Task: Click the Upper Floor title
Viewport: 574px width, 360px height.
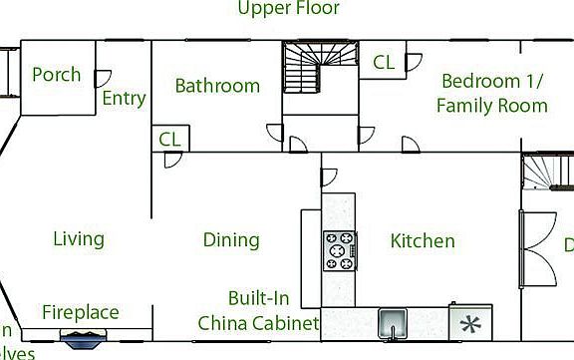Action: (288, 9)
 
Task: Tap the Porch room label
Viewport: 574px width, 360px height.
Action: (56, 75)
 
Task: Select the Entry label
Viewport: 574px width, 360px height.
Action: (124, 99)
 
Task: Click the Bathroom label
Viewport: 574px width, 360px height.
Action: (217, 86)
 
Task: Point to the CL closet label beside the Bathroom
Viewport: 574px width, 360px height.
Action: (169, 140)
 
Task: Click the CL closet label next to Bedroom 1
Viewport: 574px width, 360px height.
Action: (384, 62)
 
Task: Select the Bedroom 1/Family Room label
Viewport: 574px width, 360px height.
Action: (493, 93)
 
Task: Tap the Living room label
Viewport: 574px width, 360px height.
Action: (78, 239)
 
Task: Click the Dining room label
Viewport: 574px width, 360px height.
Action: (231, 240)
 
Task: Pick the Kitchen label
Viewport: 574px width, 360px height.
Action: (422, 241)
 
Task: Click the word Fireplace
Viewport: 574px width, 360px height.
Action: (80, 313)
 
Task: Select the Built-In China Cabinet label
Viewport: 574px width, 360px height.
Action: (258, 311)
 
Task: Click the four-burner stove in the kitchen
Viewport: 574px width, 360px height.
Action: (340, 250)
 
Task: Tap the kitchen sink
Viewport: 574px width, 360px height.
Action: (393, 323)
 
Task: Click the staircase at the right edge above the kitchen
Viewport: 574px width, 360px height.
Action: (548, 172)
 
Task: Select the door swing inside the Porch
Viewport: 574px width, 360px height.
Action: (101, 77)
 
